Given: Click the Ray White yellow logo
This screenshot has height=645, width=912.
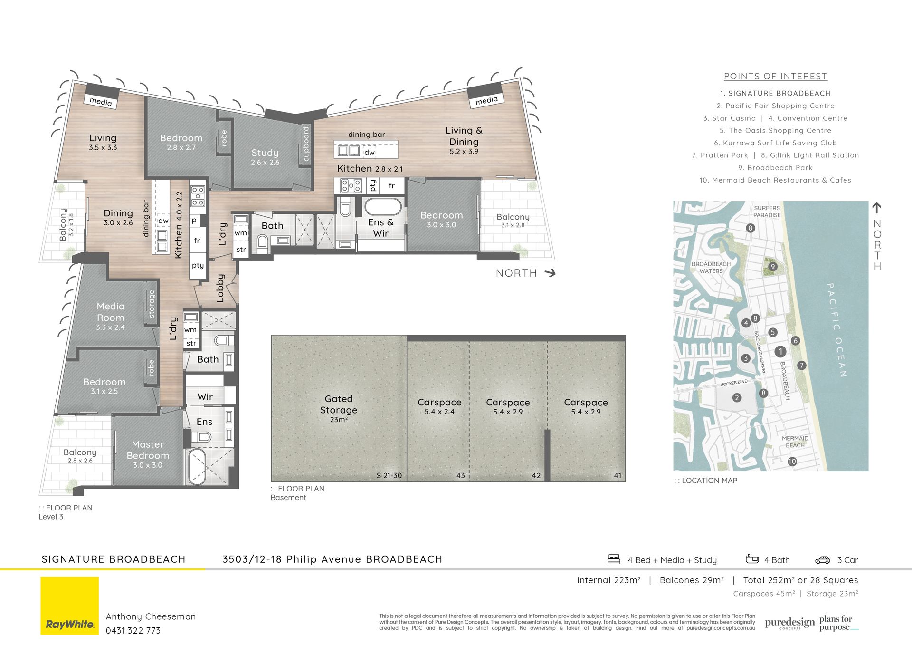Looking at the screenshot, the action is point(69,606).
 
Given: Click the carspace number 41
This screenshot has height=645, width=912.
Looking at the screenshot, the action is point(617,475).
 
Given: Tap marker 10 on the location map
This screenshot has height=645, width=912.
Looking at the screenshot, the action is point(792,462).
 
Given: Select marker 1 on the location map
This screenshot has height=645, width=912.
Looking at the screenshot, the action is point(780,352).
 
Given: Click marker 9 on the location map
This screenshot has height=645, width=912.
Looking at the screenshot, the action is point(773,267).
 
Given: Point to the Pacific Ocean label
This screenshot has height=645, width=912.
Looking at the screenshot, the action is point(837,330).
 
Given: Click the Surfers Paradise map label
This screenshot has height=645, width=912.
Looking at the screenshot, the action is point(767,212).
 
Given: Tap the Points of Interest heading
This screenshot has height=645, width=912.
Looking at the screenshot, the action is point(775,76).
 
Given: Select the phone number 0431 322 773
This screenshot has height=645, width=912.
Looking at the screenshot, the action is point(133,631).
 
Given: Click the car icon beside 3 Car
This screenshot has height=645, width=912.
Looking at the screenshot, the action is point(822,560).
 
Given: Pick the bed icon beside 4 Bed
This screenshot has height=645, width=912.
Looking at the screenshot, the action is point(614,559).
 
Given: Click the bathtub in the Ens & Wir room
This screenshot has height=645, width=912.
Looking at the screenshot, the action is point(382,207).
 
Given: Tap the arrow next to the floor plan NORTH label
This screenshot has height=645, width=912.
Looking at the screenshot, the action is point(550,273).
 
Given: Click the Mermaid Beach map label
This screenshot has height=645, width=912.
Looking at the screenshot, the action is point(795,442).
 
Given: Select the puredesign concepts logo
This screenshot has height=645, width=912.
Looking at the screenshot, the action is point(789,623).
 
